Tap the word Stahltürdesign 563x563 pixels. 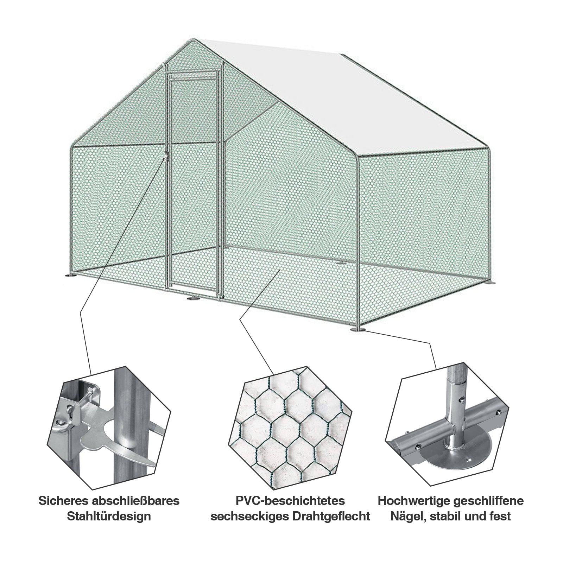[x=109, y=517]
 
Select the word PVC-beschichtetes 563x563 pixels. [x=290, y=501]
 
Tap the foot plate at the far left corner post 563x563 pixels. [x=70, y=276]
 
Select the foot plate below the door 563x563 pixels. [x=193, y=299]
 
